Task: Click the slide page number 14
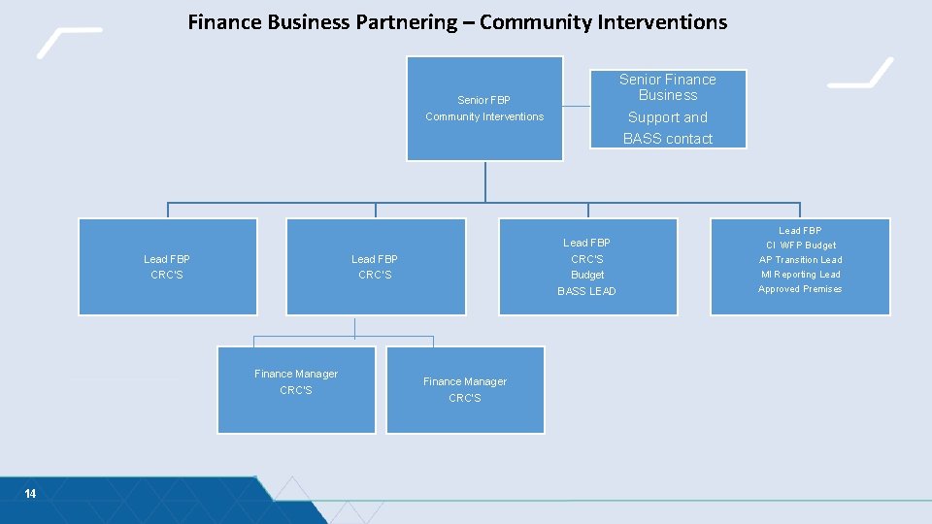[x=30, y=494]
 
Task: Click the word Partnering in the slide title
[x=400, y=21]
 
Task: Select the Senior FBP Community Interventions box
[x=484, y=108]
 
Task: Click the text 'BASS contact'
[x=668, y=139]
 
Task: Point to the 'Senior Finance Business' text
[x=668, y=87]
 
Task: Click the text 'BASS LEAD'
[x=586, y=291]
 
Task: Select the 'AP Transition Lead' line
[x=800, y=260]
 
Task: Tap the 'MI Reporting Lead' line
[x=800, y=275]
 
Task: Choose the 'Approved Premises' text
[x=800, y=289]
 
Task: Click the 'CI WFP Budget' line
[x=800, y=246]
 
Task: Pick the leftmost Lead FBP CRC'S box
[x=167, y=267]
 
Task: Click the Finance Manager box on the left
[x=296, y=389]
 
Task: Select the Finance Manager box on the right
[x=465, y=389]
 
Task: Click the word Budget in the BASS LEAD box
[x=587, y=275]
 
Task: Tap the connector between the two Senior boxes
[x=577, y=106]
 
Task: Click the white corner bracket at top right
[x=861, y=72]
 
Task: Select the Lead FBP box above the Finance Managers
[x=375, y=267]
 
